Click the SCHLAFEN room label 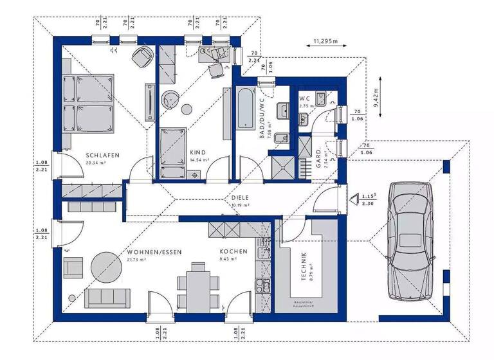(x=101, y=155)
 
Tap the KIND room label (x=197, y=152)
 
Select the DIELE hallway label (x=241, y=198)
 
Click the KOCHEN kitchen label (x=230, y=251)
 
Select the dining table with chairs (x=195, y=287)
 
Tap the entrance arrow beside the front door (x=354, y=199)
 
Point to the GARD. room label (x=318, y=156)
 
